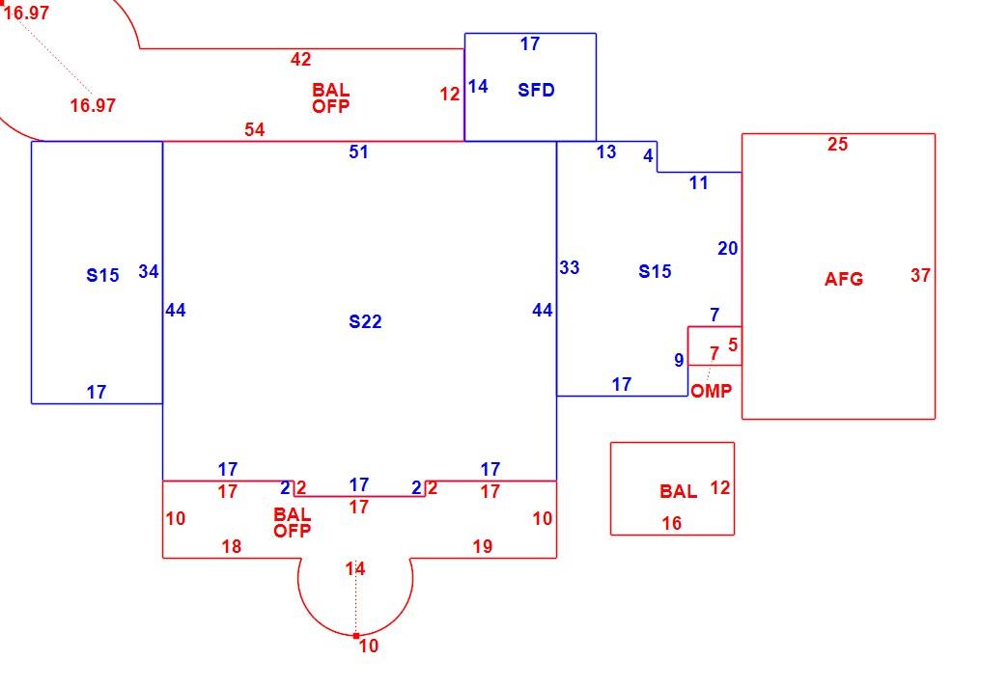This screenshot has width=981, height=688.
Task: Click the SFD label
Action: point(536,90)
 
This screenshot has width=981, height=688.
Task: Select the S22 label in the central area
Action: point(365,321)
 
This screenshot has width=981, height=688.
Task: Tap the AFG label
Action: point(844,279)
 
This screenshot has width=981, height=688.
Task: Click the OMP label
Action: point(712,391)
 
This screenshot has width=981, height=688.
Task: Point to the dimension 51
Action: point(358,152)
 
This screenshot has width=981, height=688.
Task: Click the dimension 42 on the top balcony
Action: point(301,60)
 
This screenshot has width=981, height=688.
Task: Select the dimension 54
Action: point(255,129)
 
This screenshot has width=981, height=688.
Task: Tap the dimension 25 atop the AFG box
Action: point(838,145)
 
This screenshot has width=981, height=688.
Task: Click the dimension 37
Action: point(920,275)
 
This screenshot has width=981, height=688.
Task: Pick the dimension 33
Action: point(570,267)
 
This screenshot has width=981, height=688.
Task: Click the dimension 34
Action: point(149,271)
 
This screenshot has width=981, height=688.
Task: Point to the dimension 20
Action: point(728,248)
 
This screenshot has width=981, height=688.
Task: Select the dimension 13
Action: point(606,152)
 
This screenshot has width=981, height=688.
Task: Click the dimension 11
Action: point(699,183)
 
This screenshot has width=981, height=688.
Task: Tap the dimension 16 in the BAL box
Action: point(672,524)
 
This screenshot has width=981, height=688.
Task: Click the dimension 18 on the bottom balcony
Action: point(232,547)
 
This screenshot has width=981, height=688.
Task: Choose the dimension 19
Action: point(483,547)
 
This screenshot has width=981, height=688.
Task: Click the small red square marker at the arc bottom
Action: point(356,636)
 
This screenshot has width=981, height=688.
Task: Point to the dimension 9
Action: point(679,360)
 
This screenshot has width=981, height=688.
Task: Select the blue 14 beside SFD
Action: point(478,86)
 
